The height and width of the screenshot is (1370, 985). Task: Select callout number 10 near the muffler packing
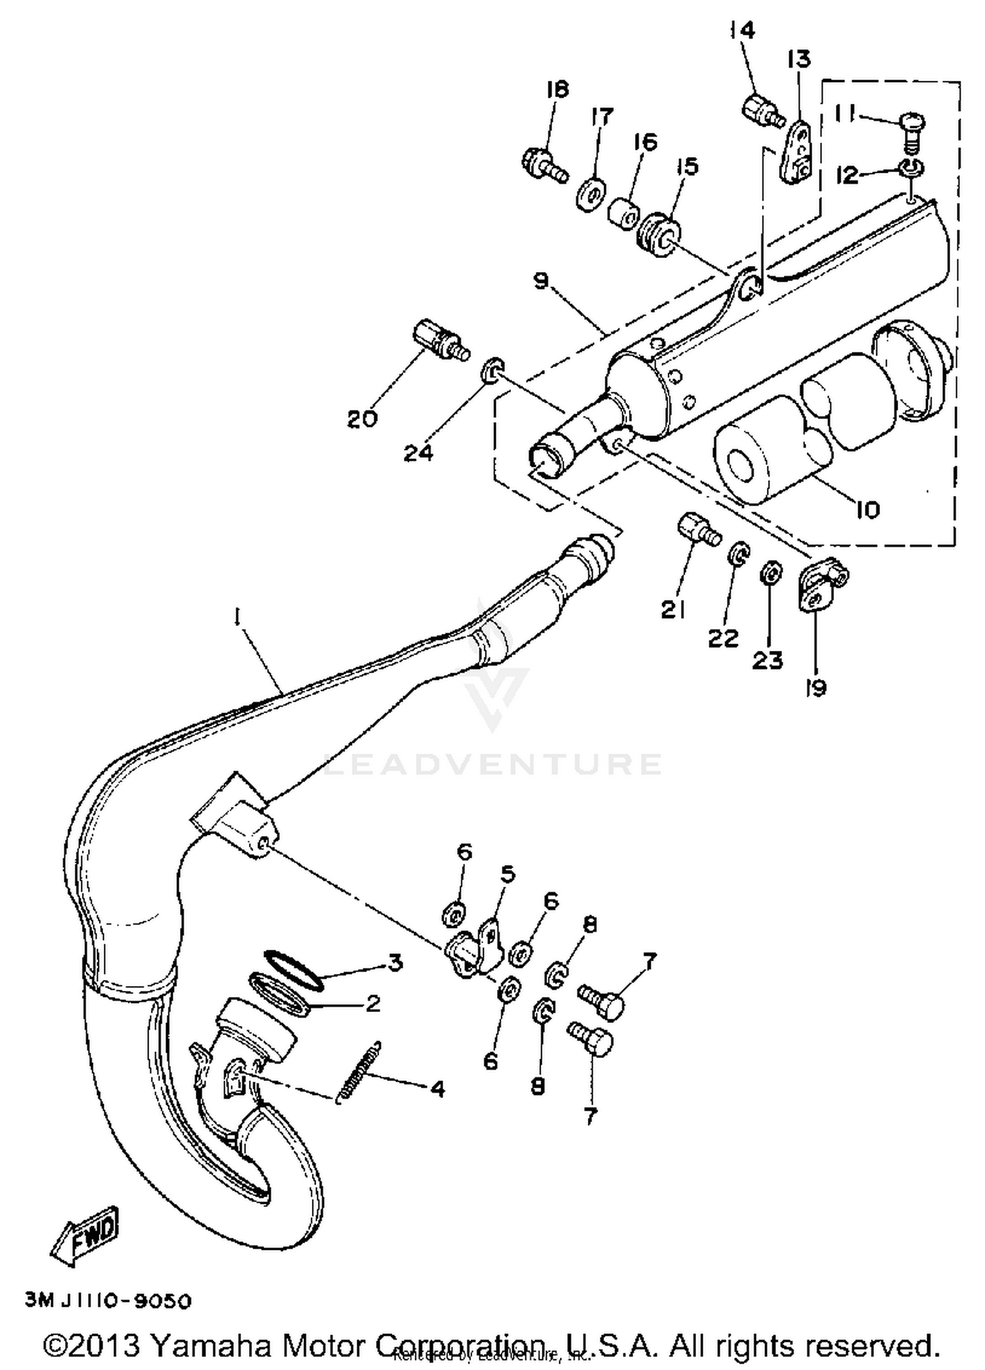[x=867, y=510]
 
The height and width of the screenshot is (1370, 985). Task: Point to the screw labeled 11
[x=911, y=127]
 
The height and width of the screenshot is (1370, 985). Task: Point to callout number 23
[x=768, y=660]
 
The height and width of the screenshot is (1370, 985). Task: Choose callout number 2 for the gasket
[x=372, y=1004]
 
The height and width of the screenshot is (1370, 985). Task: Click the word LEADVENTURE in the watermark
[x=492, y=764]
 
